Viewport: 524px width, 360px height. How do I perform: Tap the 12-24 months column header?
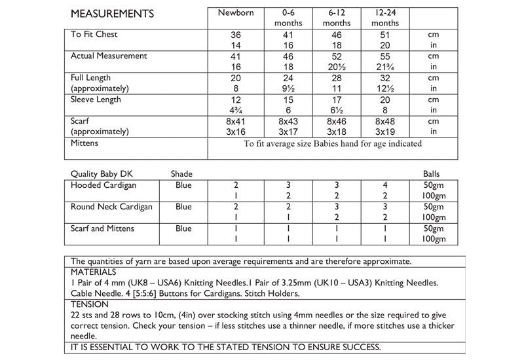pos(385,17)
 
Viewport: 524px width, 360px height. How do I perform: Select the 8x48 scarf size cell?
pos(385,121)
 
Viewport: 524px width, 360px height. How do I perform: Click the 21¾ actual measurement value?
pos(385,67)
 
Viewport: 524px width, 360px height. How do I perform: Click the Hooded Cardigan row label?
pos(102,185)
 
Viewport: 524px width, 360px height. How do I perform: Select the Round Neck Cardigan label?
pos(111,207)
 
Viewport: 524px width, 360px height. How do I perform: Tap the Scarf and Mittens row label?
pos(103,228)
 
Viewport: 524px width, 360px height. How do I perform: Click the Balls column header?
pos(432,174)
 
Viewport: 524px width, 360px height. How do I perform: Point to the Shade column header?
pos(181,174)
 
